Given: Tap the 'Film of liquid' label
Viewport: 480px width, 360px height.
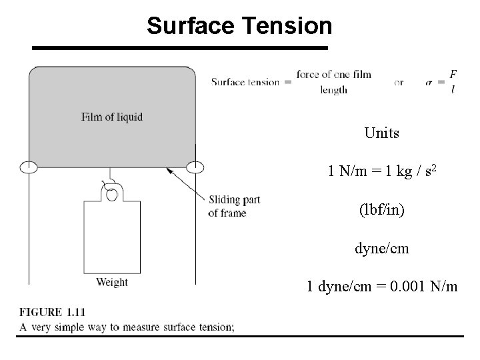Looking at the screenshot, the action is [x=112, y=117].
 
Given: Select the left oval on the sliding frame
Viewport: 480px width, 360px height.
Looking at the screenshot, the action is [x=28, y=167].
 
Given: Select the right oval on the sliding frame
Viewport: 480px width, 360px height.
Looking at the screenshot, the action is [x=195, y=167].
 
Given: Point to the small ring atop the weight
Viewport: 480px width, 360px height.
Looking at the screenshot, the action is [x=112, y=195].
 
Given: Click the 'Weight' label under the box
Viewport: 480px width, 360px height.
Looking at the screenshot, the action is [x=112, y=282].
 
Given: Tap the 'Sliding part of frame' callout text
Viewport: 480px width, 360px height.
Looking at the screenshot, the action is [x=233, y=207].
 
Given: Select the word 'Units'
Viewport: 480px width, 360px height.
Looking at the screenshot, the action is [x=382, y=133].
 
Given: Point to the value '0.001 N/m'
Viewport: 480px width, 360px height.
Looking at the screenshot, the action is [x=425, y=287].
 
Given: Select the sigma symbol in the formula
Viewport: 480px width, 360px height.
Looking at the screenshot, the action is [x=430, y=82].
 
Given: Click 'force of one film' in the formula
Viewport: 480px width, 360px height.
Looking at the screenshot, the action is [x=333, y=74].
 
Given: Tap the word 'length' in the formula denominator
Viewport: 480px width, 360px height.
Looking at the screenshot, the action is [x=333, y=90].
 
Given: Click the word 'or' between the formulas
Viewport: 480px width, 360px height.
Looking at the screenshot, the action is [x=399, y=82].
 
